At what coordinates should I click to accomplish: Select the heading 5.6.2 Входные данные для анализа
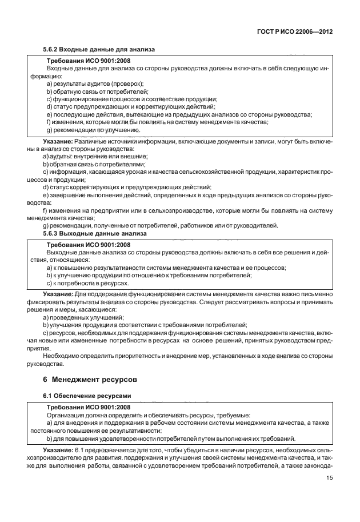click(99, 50)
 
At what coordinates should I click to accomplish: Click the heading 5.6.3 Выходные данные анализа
click(95, 233)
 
